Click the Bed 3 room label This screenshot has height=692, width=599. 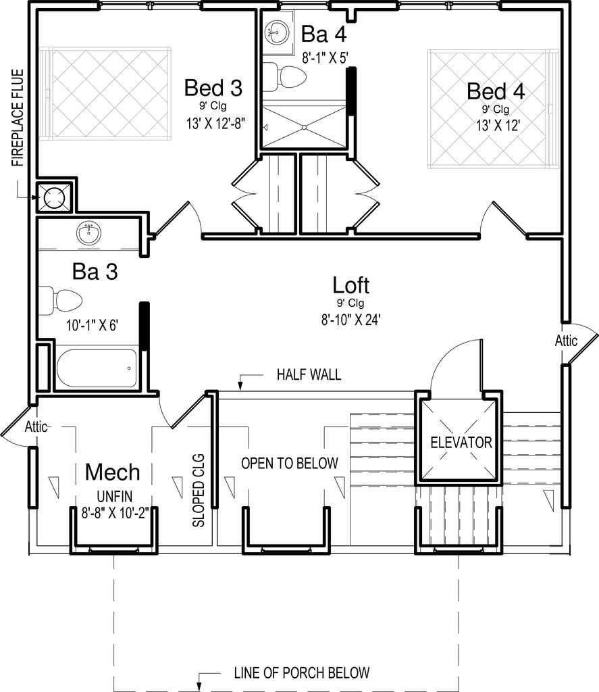(213, 88)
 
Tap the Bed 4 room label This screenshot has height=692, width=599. (496, 91)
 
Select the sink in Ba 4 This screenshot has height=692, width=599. (277, 32)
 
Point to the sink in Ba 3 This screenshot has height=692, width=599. (88, 233)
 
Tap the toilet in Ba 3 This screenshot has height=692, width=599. (60, 301)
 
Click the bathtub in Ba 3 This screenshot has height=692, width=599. (97, 368)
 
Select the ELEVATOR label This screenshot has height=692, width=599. (461, 442)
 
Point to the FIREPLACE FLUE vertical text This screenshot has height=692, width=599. (18, 118)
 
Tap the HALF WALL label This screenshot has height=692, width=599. (309, 374)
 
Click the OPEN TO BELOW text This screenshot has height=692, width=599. (289, 463)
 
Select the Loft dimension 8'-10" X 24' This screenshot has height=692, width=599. (350, 319)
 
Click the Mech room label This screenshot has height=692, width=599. (113, 472)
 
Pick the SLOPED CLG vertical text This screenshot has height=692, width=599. (199, 491)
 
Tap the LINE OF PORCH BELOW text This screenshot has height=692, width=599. (302, 672)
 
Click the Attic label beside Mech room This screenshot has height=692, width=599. (36, 427)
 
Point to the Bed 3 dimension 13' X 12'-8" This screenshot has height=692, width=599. (215, 123)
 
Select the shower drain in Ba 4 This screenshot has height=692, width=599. (304, 128)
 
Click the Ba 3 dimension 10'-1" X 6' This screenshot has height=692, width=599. (93, 325)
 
